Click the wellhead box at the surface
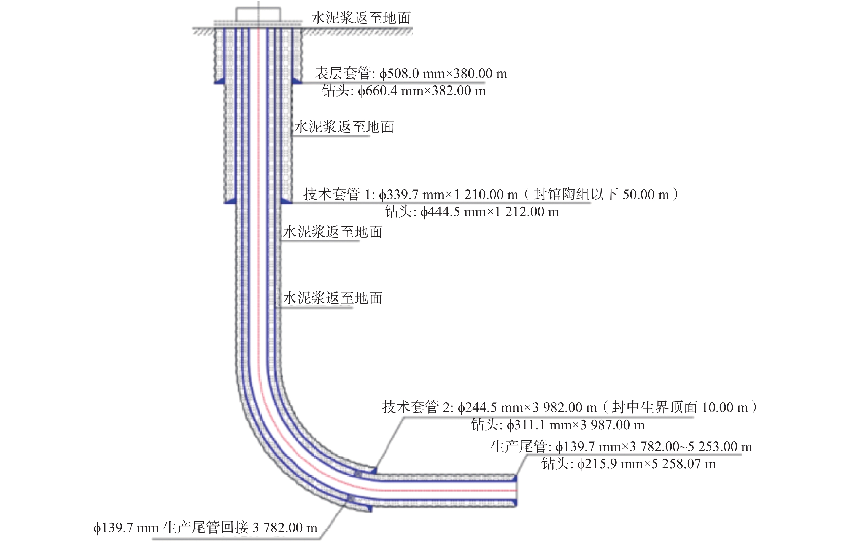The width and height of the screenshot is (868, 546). [258, 14]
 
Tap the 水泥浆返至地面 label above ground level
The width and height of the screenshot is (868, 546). [361, 18]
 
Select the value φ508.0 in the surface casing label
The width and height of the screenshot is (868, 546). [399, 74]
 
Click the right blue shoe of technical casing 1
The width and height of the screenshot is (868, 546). [286, 200]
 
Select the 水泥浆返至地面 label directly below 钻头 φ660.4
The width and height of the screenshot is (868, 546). [344, 127]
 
